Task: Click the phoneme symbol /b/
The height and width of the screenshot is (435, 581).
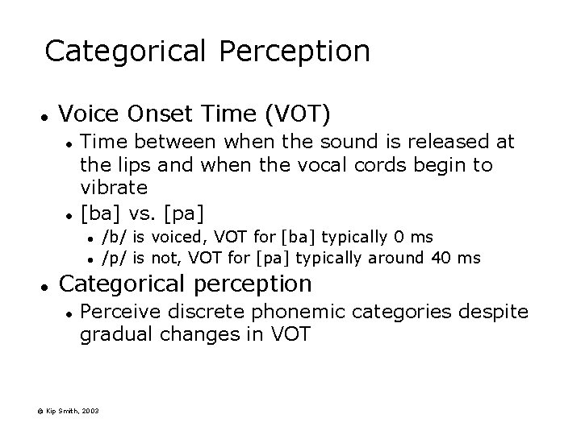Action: pyautogui.click(x=114, y=237)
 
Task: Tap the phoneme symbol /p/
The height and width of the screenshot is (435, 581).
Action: pyautogui.click(x=114, y=258)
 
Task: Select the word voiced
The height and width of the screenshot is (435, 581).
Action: pyautogui.click(x=173, y=237)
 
